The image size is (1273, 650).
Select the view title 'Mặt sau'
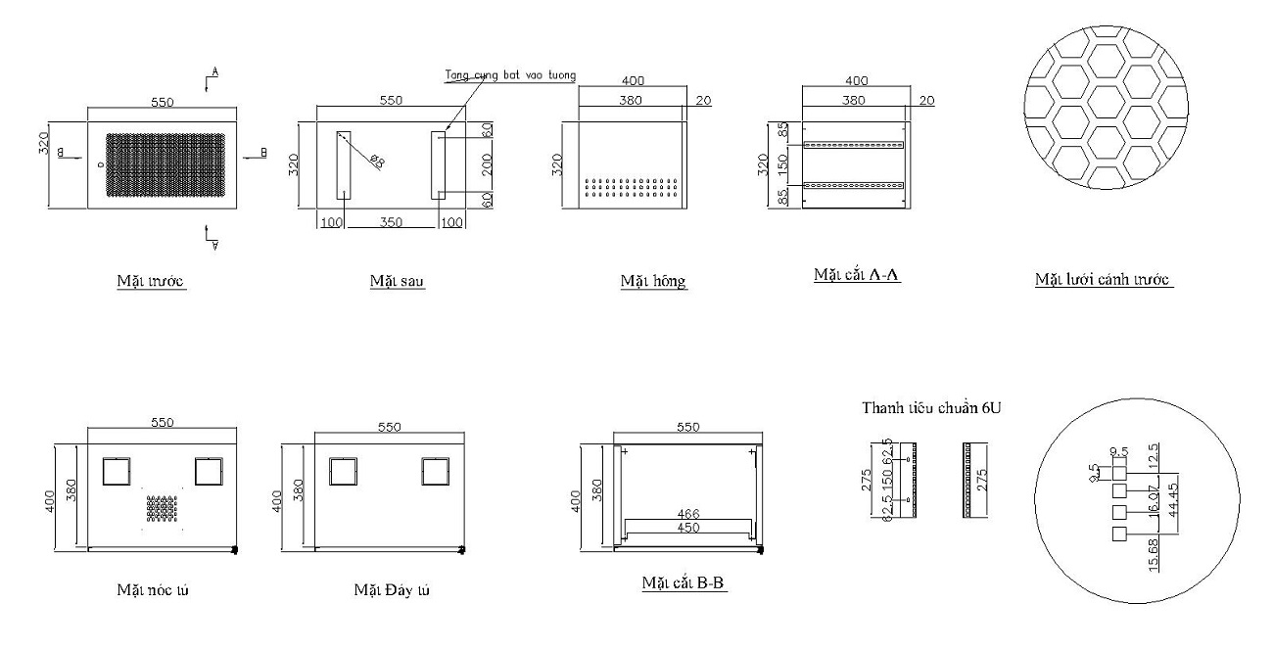click(x=397, y=282)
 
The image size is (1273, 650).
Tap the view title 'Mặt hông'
click(x=653, y=282)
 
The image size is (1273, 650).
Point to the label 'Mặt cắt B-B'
click(x=684, y=584)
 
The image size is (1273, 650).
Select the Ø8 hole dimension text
click(x=376, y=162)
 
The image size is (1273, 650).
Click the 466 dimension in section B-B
click(x=688, y=513)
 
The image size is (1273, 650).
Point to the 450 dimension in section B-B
click(x=688, y=530)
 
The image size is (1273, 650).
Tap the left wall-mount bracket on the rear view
click(x=344, y=164)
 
